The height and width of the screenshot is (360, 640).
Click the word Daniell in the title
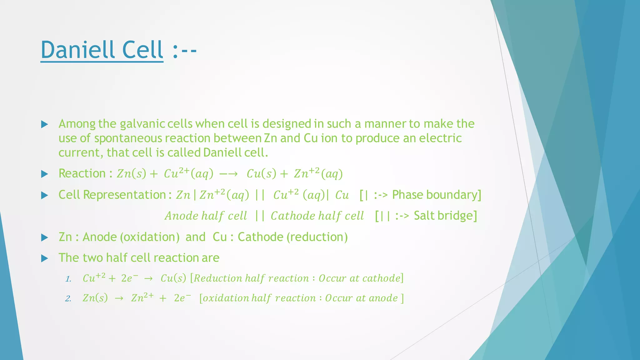click(x=77, y=50)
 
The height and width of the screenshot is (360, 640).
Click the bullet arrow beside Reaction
click(x=45, y=174)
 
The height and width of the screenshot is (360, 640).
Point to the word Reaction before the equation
click(x=82, y=173)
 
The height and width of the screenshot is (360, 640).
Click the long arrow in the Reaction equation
click(x=228, y=174)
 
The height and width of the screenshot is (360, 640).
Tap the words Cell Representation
click(x=112, y=195)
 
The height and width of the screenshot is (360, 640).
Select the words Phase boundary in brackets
click(x=435, y=195)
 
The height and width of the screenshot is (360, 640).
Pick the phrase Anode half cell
click(x=206, y=216)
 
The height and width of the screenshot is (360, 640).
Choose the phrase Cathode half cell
click(x=317, y=216)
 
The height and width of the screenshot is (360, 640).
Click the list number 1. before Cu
click(x=68, y=279)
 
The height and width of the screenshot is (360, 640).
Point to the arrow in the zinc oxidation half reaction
click(x=119, y=298)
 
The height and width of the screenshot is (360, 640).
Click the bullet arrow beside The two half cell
click(x=45, y=258)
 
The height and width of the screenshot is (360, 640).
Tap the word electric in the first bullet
click(x=440, y=138)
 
